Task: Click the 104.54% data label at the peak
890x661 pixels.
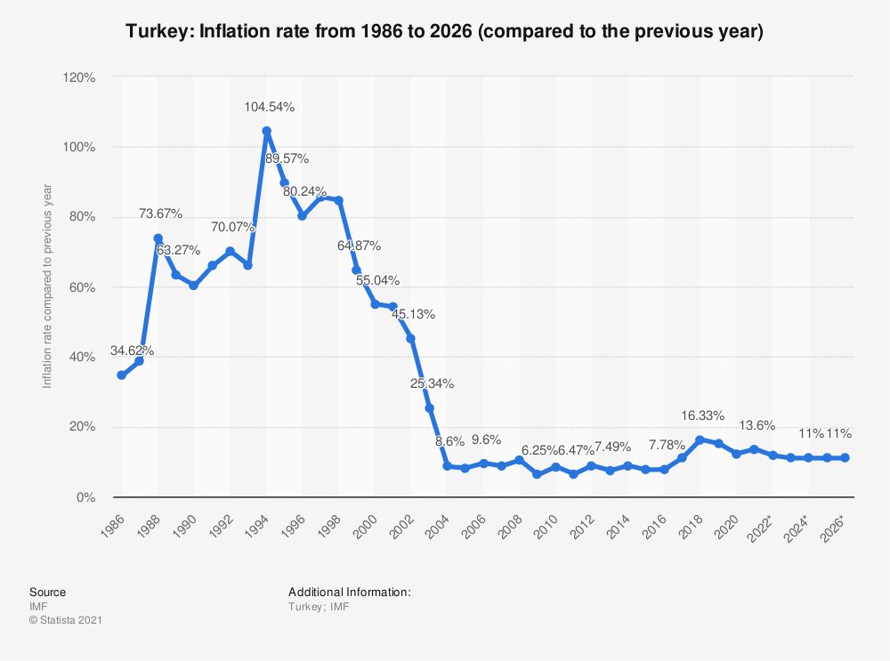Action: (x=270, y=107)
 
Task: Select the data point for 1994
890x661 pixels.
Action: (x=266, y=131)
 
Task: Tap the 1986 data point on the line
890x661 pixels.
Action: (x=121, y=375)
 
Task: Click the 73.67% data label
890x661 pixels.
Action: (x=161, y=214)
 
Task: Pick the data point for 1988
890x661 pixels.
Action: (x=158, y=238)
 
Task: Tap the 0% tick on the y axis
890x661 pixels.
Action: (x=86, y=497)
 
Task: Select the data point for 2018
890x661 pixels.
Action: (x=700, y=439)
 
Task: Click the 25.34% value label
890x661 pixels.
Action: (x=432, y=383)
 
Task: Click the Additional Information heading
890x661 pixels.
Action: (x=349, y=592)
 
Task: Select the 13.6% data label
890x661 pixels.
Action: (x=757, y=425)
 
